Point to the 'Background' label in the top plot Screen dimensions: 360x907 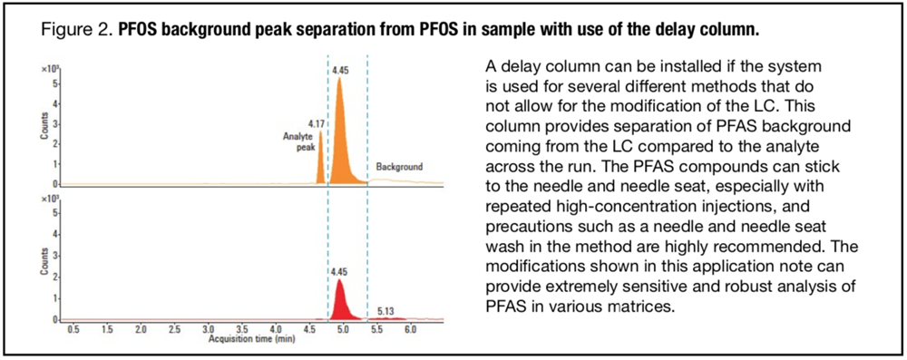click(x=399, y=167)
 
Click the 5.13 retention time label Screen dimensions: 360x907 click(x=385, y=311)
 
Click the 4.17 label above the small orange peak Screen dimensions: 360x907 click(x=316, y=122)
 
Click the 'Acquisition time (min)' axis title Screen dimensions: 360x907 click(x=243, y=336)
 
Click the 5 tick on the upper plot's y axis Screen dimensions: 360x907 click(x=56, y=83)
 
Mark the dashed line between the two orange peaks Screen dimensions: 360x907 click(x=327, y=163)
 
